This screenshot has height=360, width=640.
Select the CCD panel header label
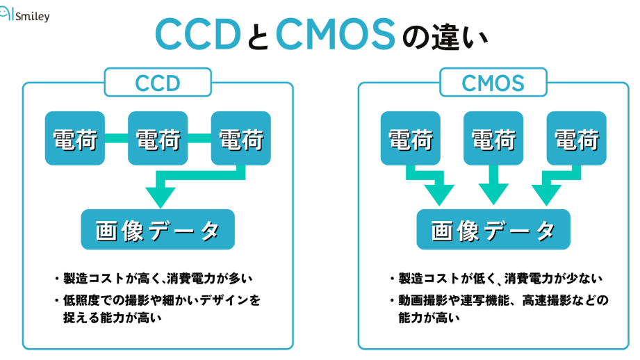coord(158,83)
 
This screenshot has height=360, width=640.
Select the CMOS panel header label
coord(493,83)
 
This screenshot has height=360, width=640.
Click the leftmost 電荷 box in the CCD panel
coord(75,138)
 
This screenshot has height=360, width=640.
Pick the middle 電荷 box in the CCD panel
coord(158,138)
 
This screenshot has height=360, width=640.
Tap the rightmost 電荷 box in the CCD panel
coord(240,138)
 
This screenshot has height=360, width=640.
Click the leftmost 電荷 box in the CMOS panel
coord(410,138)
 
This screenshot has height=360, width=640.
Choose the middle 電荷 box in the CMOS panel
coord(493,138)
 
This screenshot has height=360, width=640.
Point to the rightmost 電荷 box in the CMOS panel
coord(576,138)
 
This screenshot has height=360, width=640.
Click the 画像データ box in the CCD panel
coord(158,230)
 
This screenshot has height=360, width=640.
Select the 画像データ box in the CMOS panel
coord(493,230)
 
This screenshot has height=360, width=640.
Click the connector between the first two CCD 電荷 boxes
coord(117,138)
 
